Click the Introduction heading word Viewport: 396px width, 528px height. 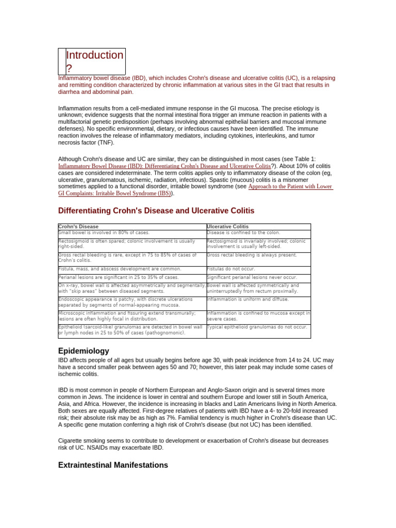pos(95,55)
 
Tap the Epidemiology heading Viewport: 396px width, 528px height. pos(84,351)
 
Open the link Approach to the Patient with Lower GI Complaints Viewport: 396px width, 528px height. pos(291,187)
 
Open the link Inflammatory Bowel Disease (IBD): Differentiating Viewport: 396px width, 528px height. pos(164,167)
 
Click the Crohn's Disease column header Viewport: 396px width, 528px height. pos(78,226)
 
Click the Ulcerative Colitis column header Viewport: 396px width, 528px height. pos(227,226)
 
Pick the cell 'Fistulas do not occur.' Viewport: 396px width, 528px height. pos(230,269)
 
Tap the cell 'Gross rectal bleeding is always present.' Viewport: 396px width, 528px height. pos(252,255)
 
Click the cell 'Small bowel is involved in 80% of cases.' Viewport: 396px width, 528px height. pos(104,233)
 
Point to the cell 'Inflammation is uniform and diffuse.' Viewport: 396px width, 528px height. pos(247,299)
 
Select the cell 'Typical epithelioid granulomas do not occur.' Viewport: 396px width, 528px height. pos(257,327)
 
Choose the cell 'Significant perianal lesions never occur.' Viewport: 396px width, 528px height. pos(252,277)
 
